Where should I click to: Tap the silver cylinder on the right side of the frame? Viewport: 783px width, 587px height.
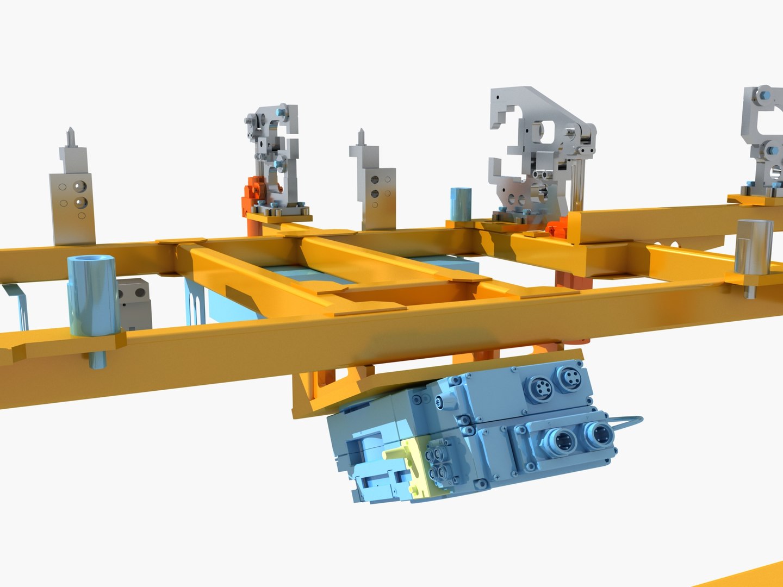tap(753, 248)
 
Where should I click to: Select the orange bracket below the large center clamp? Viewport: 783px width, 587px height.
tap(558, 226)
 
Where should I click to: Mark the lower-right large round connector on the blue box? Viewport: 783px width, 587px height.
tap(600, 434)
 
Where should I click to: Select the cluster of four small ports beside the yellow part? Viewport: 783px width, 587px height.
tap(440, 460)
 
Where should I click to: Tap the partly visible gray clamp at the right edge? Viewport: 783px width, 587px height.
tap(764, 141)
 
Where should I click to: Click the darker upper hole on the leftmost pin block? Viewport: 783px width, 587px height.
tap(80, 188)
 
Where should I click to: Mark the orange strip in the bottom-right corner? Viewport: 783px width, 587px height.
tap(745, 576)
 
